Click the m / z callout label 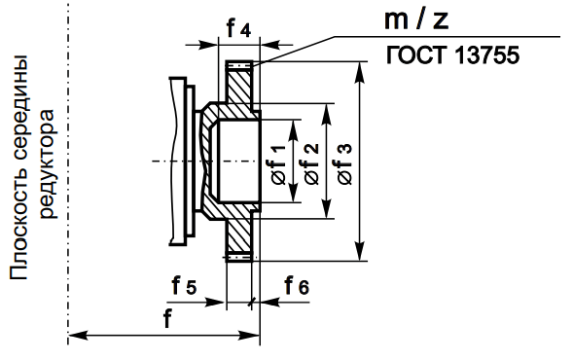click(415, 20)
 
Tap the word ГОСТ click(417, 55)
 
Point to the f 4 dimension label click(238, 28)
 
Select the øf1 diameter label click(278, 163)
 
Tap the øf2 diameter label click(310, 163)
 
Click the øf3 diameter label click(344, 163)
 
